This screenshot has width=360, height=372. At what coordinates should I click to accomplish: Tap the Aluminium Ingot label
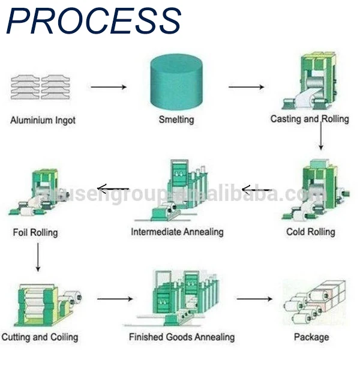coord(43,120)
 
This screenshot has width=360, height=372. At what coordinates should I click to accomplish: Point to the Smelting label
coord(176,119)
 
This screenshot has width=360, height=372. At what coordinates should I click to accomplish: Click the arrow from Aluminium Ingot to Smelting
coord(109,87)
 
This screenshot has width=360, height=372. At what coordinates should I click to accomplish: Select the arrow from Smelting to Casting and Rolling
coord(246,87)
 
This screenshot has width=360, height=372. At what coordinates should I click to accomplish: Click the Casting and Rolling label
coord(309,119)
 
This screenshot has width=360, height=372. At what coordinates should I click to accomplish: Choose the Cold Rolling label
coord(310,232)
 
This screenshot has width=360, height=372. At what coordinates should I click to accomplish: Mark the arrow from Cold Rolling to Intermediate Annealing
coord(256,191)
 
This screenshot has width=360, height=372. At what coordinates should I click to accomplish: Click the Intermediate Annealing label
coord(177,232)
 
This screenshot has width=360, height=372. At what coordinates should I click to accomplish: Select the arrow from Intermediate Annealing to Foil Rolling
coord(113,190)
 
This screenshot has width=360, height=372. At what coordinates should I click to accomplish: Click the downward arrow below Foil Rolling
coord(37,257)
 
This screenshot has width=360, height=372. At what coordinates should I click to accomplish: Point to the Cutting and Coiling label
coord(40,337)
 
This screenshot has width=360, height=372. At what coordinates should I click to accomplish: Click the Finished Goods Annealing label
coord(182,337)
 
